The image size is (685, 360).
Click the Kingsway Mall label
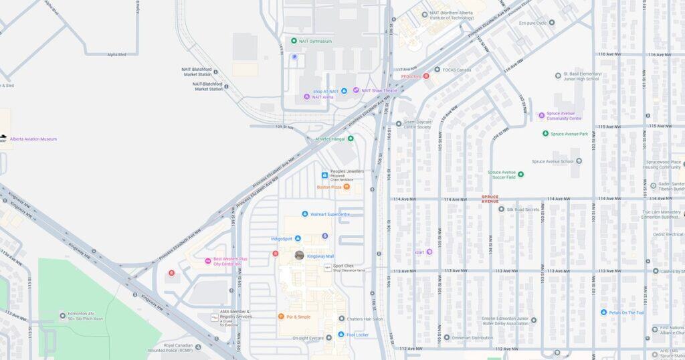coord(320,256)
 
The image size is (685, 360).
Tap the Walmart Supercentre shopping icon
coord(305,214)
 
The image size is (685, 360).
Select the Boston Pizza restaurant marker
coord(347,187)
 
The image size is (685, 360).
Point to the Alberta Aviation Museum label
coord(33,139)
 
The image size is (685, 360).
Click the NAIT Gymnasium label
coord(315,41)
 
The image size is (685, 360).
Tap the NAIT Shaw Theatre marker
coord(356,90)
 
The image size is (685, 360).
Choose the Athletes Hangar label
coord(330,139)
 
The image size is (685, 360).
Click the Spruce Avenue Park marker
coord(546,134)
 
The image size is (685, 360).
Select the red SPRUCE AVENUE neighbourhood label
coord(490,199)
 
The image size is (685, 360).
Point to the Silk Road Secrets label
coord(523,209)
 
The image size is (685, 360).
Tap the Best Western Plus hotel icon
coord(208,260)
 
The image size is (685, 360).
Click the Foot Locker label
coord(358,335)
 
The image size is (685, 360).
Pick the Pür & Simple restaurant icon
coord(281,317)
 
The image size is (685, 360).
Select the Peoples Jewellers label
coord(347,171)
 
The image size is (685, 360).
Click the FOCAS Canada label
coord(457,69)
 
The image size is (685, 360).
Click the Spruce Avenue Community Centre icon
coord(541,115)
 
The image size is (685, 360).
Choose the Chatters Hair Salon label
coord(365,319)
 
